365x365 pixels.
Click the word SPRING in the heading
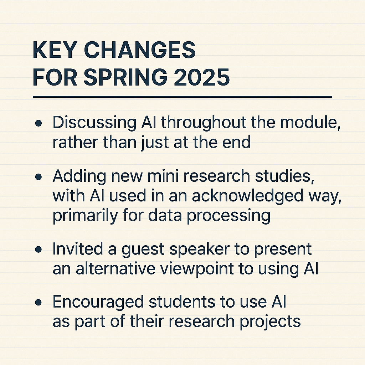(125, 77)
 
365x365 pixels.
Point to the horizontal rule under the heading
(182, 97)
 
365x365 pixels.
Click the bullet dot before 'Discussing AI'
(38, 123)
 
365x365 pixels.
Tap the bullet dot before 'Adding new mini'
(38, 177)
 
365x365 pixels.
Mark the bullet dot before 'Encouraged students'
(38, 302)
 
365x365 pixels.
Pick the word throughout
(204, 123)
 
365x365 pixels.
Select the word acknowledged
(247, 196)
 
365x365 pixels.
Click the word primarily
(86, 216)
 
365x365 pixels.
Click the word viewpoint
(197, 269)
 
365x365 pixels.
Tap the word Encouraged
(98, 303)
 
